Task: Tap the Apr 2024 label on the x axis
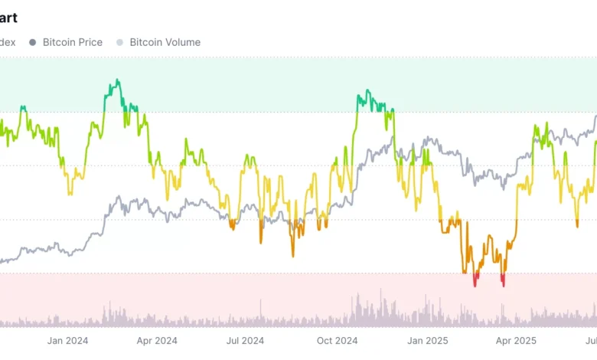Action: (x=156, y=340)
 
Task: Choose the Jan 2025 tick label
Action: (x=427, y=340)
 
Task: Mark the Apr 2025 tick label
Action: (x=515, y=340)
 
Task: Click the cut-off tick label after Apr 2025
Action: (x=591, y=340)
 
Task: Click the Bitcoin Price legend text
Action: (x=73, y=42)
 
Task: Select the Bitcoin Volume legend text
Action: (x=165, y=42)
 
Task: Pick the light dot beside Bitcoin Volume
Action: (x=119, y=42)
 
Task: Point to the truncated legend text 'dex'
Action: (x=8, y=42)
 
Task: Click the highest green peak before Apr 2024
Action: (x=116, y=80)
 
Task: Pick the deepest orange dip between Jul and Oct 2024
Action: (x=292, y=255)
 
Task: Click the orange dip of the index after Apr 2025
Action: (x=577, y=224)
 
